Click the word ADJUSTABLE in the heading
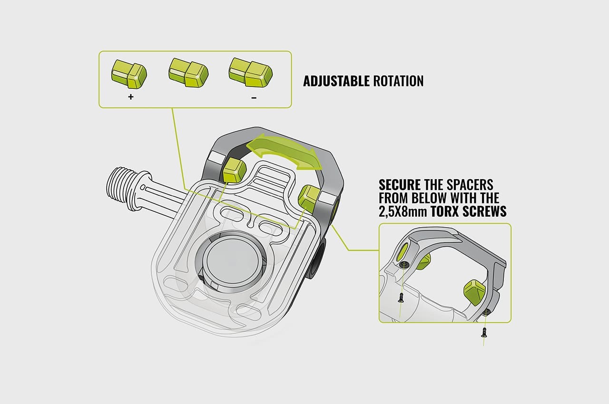click(336, 81)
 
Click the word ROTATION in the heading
click(398, 81)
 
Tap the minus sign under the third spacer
click(254, 97)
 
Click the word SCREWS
click(489, 212)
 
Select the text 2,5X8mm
click(403, 212)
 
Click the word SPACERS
click(469, 184)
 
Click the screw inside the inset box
click(401, 298)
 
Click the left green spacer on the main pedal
click(234, 170)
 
